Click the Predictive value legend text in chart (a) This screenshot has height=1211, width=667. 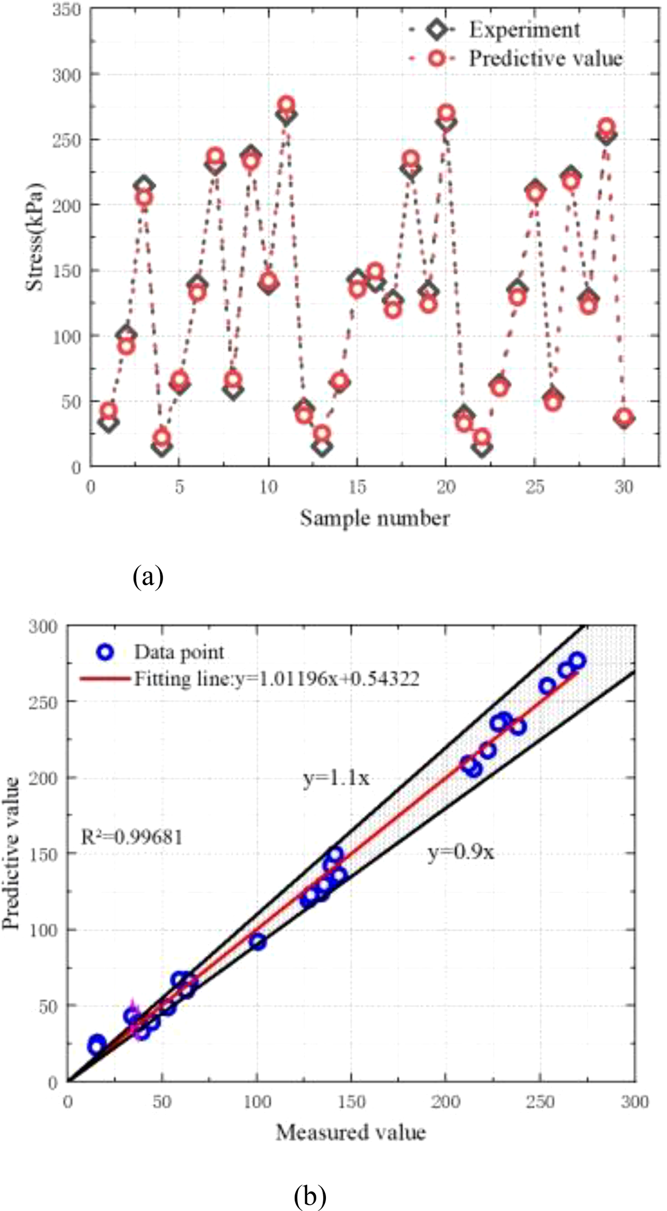[545, 59]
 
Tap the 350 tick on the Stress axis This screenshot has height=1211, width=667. [67, 9]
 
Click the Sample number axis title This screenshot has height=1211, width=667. [374, 518]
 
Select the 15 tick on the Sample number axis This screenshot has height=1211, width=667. [357, 487]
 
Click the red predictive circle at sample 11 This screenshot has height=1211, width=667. [286, 104]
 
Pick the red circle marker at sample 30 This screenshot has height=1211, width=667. [624, 417]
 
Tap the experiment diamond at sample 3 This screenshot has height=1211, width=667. [144, 186]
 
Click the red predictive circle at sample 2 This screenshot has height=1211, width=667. [126, 346]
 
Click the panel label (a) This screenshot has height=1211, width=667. [148, 576]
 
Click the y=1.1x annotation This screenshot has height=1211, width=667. [336, 778]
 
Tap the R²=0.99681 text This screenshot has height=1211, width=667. [131, 837]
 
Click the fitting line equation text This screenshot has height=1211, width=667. [276, 679]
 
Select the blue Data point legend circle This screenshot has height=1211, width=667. [105, 652]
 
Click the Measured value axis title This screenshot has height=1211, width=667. [351, 1133]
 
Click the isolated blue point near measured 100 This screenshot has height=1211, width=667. [258, 942]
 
